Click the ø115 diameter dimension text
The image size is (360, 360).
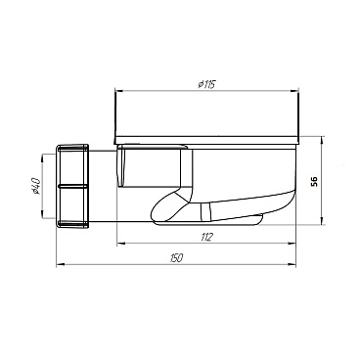[x=204, y=84]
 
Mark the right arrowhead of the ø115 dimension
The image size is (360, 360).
[x=295, y=91]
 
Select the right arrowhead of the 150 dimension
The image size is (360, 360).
[x=295, y=263]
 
